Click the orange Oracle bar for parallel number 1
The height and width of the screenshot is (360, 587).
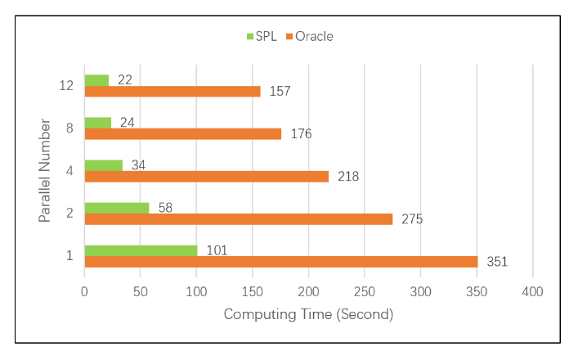point(280,262)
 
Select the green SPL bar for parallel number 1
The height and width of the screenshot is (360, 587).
point(141,250)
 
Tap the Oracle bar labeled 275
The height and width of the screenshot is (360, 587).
point(238,219)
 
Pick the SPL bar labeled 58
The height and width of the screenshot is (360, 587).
point(117,208)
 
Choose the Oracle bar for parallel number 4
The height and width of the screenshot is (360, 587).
point(206,177)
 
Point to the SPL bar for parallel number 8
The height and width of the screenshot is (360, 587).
point(97,123)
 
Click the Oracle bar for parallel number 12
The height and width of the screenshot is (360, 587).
point(172,92)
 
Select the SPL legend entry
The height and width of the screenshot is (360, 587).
point(262,36)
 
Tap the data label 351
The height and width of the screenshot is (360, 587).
point(497,262)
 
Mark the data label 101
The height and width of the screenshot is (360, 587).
point(217,250)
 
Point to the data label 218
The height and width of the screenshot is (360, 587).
point(347,177)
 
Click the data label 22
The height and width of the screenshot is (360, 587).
point(124,80)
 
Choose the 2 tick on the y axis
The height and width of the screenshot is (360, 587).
point(69,214)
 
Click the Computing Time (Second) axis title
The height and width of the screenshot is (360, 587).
point(308,314)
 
